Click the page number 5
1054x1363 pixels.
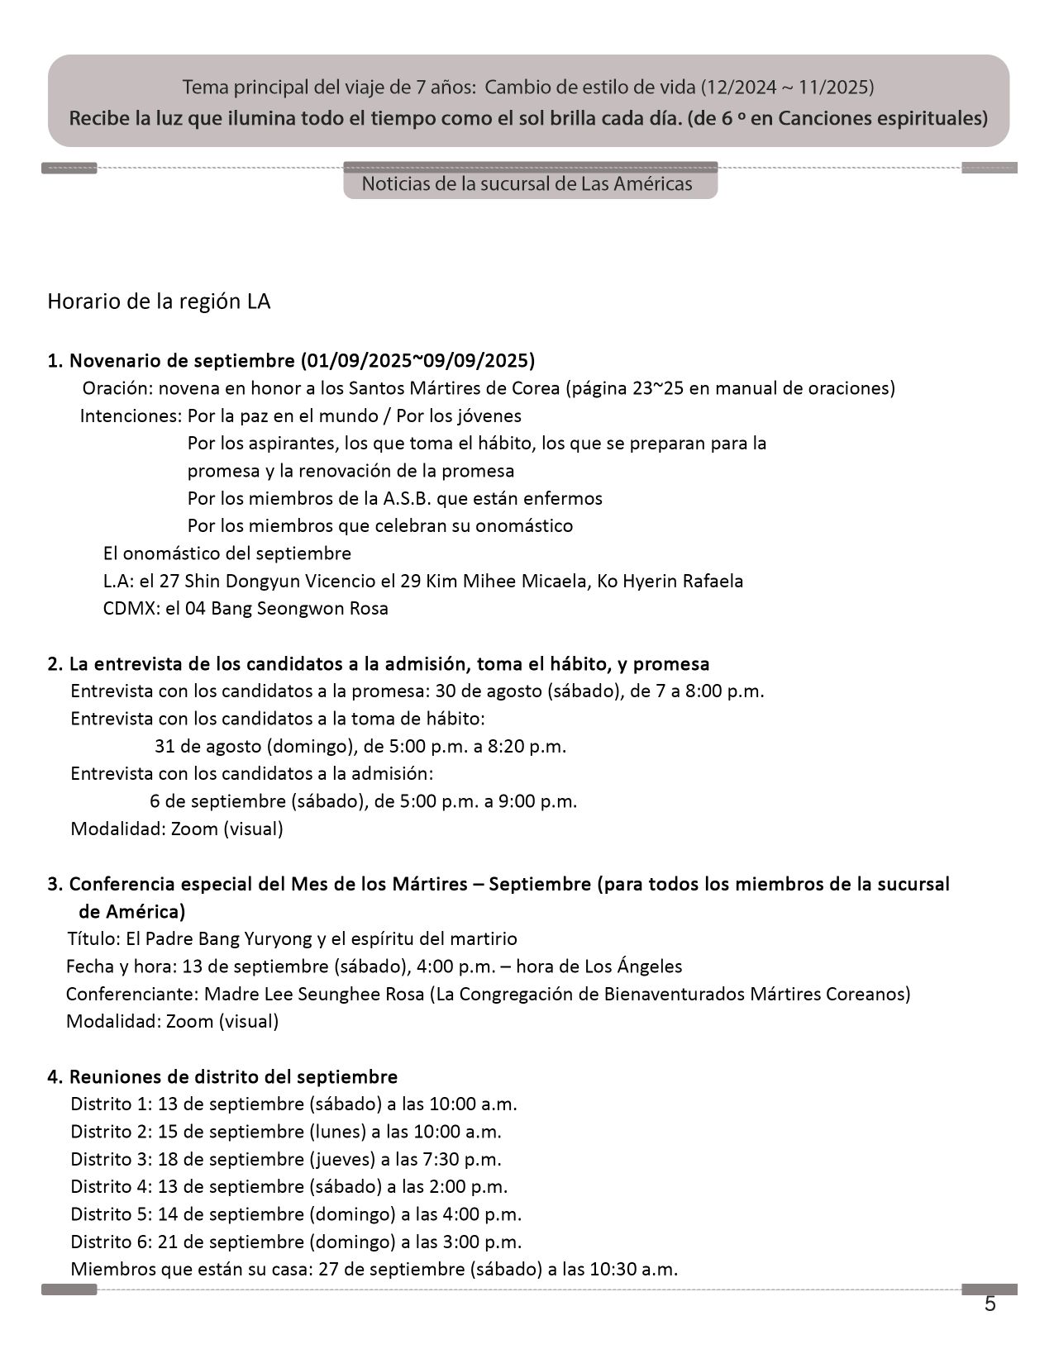tap(990, 1304)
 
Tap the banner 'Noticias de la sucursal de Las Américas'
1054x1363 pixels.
tap(527, 183)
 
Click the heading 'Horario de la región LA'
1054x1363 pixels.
tap(159, 302)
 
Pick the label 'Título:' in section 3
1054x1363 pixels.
tap(93, 938)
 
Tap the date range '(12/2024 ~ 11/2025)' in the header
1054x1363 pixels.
tap(787, 87)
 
